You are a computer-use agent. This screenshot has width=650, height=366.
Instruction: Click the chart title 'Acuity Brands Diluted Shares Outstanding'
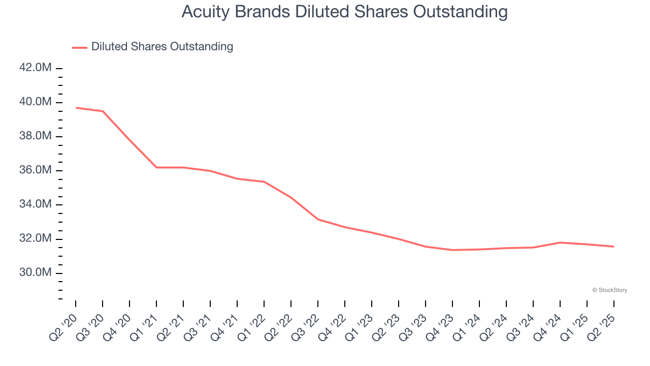tap(344, 12)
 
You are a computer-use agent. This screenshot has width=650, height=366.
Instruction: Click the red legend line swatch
tap(80, 47)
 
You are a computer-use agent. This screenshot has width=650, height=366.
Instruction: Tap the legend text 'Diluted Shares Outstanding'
tap(162, 47)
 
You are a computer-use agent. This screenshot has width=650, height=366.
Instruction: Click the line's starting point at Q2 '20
tap(76, 108)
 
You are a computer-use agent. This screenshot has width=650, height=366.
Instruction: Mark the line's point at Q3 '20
tap(103, 111)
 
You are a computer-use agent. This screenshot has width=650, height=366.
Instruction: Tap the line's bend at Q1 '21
tap(156, 167)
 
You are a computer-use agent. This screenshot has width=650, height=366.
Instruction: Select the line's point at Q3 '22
tap(318, 219)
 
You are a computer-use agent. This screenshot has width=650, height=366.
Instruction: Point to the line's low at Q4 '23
tap(452, 250)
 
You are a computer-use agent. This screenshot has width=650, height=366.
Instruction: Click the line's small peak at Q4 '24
tap(560, 242)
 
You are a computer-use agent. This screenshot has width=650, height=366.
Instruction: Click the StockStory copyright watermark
tap(609, 290)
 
